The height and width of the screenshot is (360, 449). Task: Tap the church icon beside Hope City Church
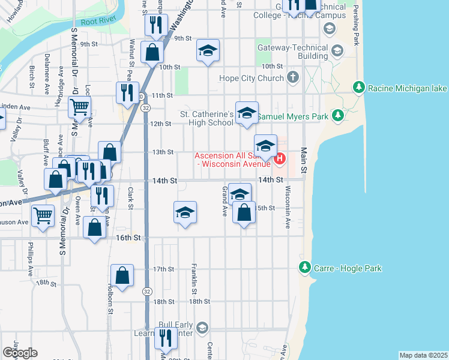(292, 77)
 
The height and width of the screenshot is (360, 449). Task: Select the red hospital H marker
(280, 160)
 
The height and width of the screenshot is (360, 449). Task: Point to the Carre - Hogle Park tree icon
(305, 268)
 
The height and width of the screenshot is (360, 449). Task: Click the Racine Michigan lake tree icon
(359, 88)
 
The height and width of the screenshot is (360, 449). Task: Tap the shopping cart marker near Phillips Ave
(43, 215)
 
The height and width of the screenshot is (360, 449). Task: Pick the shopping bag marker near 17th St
(122, 276)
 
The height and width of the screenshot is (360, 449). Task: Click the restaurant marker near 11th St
(127, 92)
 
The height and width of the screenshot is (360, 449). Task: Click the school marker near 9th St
(208, 51)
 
